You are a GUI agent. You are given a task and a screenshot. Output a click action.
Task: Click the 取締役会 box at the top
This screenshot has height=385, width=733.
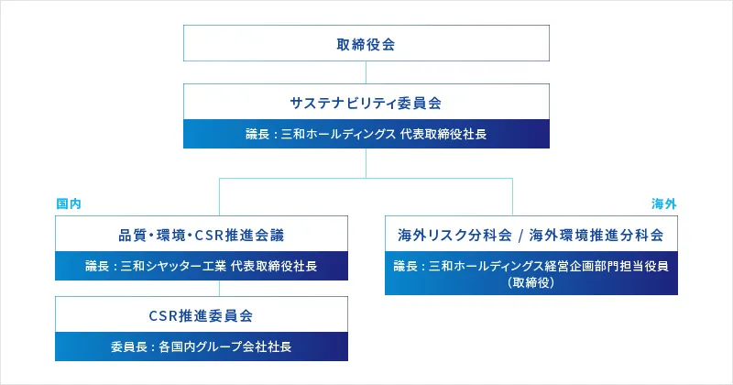click(366, 43)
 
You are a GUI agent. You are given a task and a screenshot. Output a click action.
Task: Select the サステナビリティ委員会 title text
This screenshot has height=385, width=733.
click(366, 102)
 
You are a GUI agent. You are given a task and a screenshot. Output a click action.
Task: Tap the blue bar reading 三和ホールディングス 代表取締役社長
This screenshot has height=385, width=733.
click(366, 134)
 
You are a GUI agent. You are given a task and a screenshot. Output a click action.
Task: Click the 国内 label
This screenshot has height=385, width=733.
click(69, 203)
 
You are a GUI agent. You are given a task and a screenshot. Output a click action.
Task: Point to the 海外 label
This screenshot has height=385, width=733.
click(663, 203)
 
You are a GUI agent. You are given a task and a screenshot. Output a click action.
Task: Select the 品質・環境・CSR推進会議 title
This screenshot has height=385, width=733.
click(202, 234)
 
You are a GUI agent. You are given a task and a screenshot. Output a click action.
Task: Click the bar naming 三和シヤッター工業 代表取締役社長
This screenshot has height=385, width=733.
click(202, 266)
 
